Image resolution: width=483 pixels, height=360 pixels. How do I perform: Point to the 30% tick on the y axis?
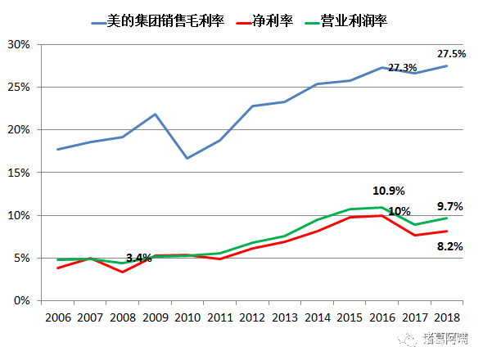point(19,44)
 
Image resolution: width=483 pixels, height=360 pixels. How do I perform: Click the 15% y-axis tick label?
point(19,173)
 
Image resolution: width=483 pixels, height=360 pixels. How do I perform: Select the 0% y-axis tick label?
point(22,301)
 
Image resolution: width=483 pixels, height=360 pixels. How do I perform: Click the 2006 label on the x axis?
point(57,317)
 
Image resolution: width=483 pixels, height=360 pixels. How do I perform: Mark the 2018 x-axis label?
point(447,317)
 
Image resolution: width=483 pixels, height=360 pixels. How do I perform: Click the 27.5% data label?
point(451,54)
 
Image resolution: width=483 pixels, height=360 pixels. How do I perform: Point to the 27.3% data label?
point(402,68)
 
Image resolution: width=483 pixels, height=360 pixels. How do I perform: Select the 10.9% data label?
point(389,191)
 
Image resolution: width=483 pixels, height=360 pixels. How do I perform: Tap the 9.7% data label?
point(450,207)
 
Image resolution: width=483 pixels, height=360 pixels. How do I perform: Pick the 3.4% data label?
point(138,259)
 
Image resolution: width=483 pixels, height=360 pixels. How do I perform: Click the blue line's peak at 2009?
point(156,114)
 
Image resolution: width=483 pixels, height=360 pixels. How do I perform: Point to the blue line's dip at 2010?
point(187,158)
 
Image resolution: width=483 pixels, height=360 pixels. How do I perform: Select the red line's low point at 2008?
point(121,272)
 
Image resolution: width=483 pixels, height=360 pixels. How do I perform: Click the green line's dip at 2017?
point(416,224)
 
